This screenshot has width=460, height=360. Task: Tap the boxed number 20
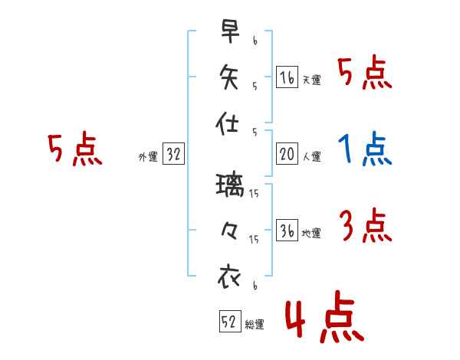tap(286, 154)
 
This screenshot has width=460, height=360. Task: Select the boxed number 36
tap(286, 231)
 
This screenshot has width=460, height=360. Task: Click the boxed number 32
tap(173, 154)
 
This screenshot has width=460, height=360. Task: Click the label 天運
tap(311, 80)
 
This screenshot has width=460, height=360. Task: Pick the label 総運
tap(255, 324)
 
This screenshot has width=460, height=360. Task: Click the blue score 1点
tap(366, 150)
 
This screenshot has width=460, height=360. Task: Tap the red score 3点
tap(366, 227)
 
